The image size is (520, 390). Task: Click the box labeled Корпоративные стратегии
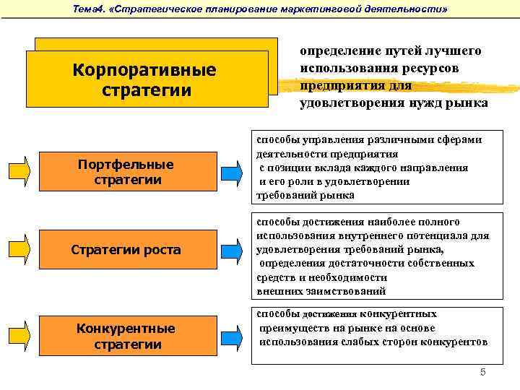point(144,81)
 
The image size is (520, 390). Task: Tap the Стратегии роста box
point(126,250)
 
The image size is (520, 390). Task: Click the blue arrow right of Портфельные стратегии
point(232,172)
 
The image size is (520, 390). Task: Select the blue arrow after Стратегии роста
point(232,250)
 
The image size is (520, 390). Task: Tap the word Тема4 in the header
point(90,9)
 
